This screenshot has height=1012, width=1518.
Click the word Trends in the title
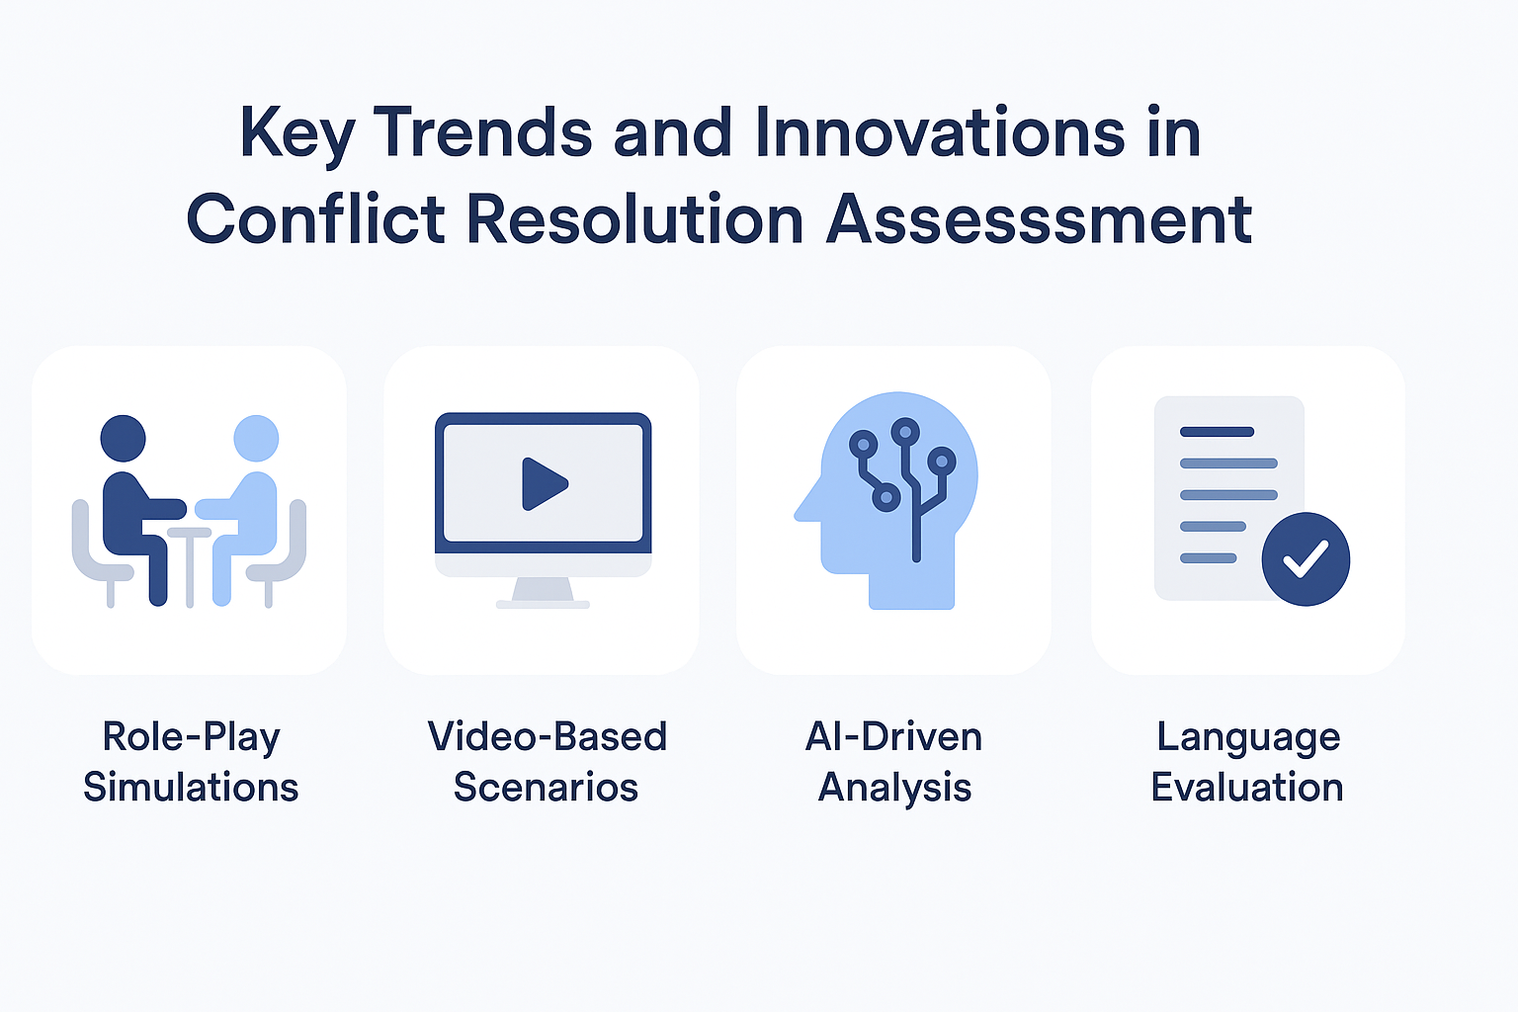tap(483, 132)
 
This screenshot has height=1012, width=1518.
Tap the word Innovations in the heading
tap(939, 132)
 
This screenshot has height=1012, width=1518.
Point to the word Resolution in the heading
tap(635, 218)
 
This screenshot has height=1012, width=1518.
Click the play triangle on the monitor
tap(544, 484)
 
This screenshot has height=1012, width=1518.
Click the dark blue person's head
tap(123, 438)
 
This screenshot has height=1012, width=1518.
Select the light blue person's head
tap(256, 438)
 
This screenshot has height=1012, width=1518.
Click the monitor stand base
tap(543, 604)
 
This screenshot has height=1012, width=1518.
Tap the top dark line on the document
tap(1218, 432)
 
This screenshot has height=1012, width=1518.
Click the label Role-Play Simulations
tap(191, 761)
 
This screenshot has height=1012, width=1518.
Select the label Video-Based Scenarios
tap(547, 761)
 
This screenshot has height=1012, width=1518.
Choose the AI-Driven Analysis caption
tap(893, 761)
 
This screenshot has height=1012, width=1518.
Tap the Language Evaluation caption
tap(1247, 761)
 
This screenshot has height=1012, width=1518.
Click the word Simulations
tap(191, 787)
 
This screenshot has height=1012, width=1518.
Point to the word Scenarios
tap(546, 787)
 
